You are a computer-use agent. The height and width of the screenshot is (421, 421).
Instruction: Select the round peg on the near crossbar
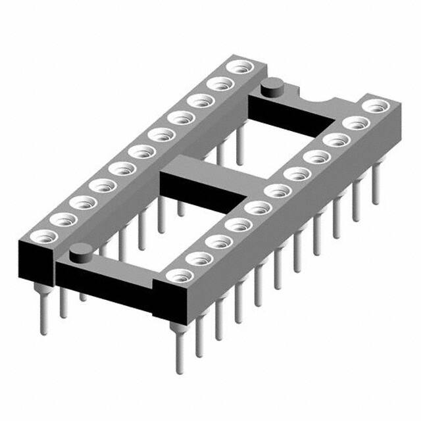pyautogui.click(x=80, y=251)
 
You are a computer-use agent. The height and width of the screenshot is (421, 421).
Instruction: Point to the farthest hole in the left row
pyautogui.click(x=235, y=67)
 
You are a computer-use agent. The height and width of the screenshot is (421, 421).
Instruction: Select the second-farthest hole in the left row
pyautogui.click(x=216, y=84)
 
